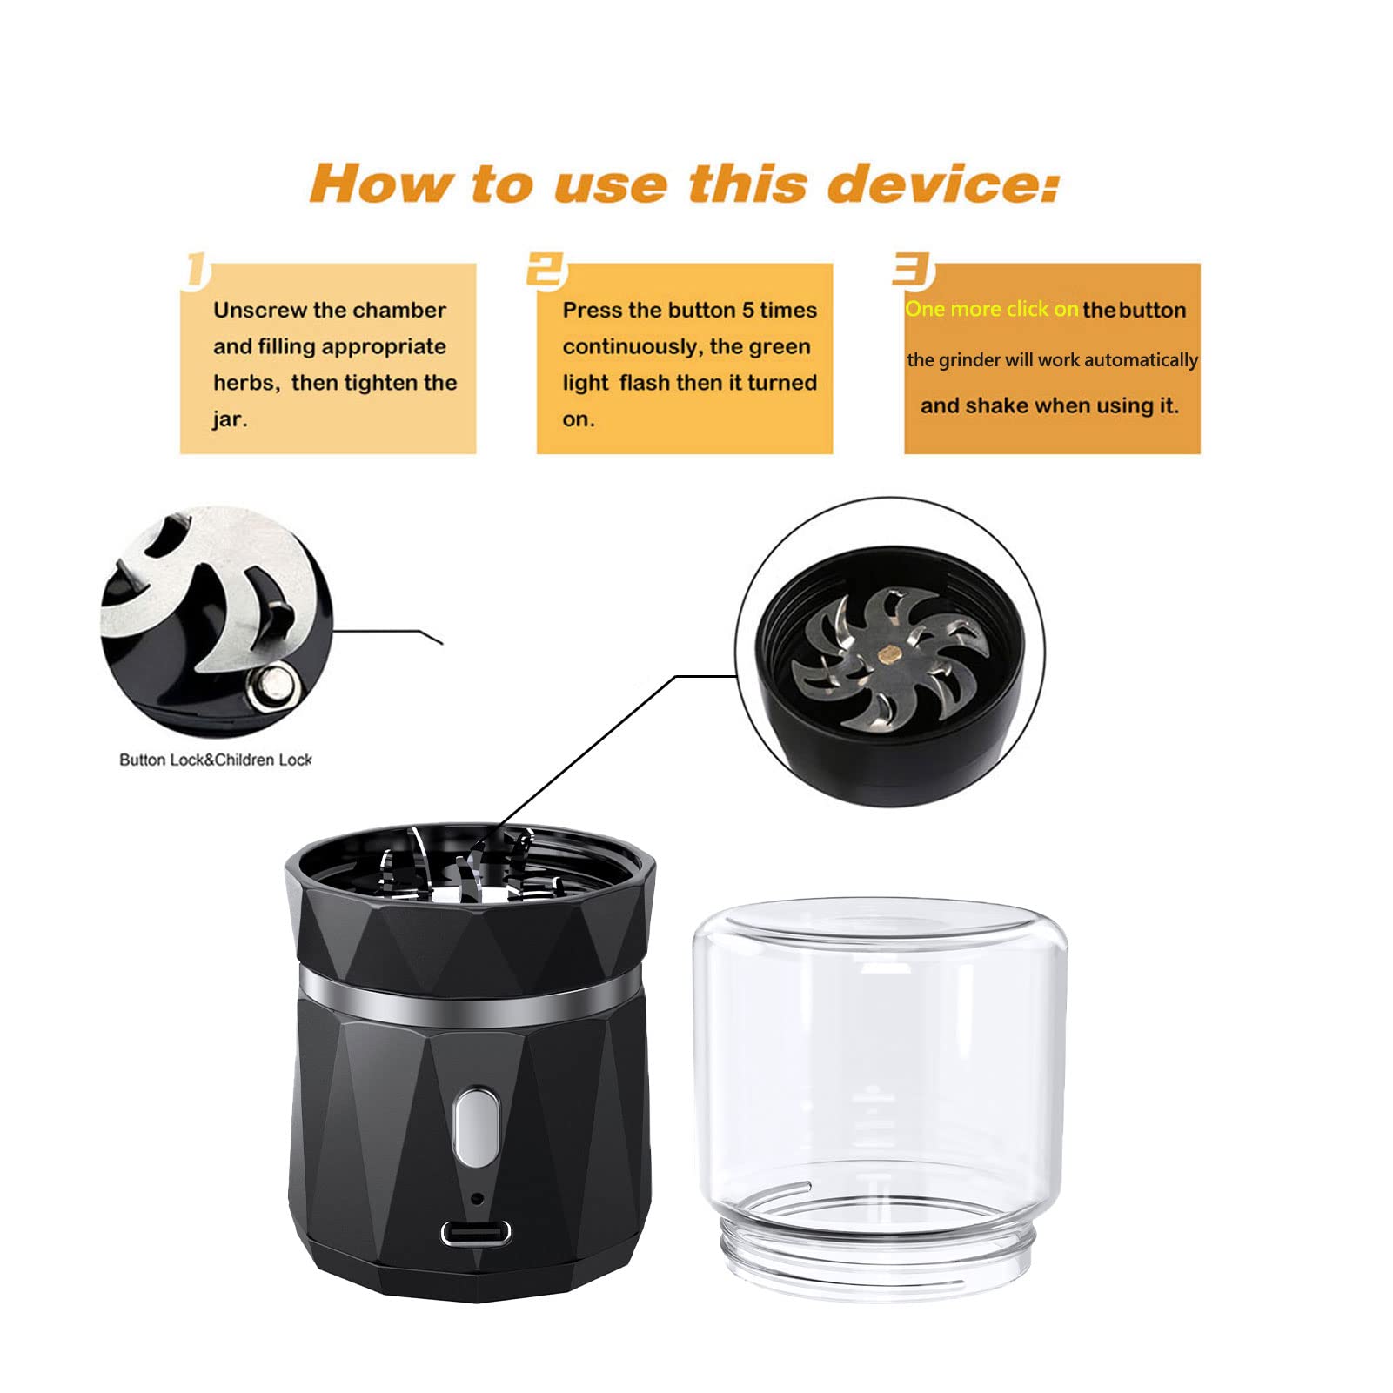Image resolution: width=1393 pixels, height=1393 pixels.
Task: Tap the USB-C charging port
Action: click(x=476, y=1232)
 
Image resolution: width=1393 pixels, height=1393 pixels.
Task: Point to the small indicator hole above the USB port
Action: click(x=476, y=1198)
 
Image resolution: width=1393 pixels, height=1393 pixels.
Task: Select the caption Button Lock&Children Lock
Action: click(x=215, y=760)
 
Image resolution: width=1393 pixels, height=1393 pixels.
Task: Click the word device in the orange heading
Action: click(x=943, y=184)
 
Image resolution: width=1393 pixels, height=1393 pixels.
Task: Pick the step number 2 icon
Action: click(x=548, y=271)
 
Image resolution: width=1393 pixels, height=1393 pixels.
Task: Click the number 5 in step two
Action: click(x=748, y=311)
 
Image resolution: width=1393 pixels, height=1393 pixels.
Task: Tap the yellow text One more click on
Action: click(x=992, y=309)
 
